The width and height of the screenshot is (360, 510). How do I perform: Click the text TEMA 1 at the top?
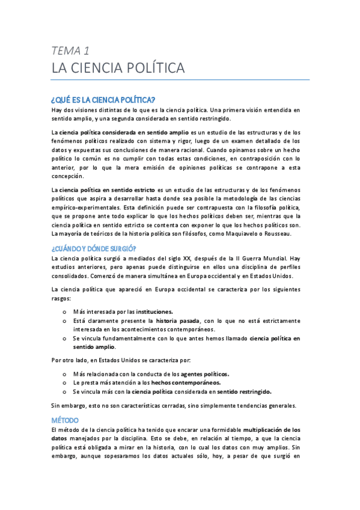click(x=70, y=50)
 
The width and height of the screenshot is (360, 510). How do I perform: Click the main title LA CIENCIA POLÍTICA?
click(x=118, y=68)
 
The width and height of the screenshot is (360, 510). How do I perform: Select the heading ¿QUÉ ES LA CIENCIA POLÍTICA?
click(x=103, y=99)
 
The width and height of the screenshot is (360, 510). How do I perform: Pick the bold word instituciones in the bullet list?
click(x=154, y=312)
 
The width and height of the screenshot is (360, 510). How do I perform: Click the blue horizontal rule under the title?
click(x=180, y=79)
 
